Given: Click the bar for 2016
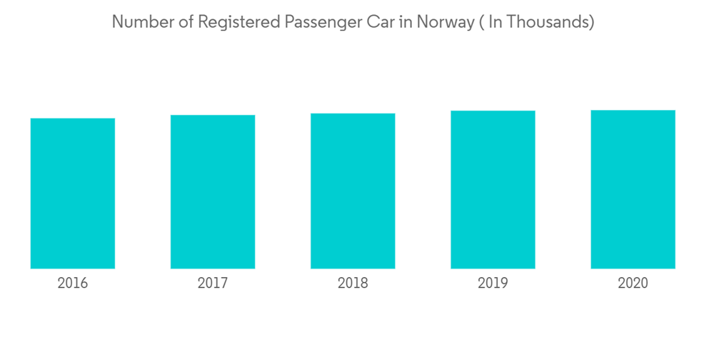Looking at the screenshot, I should (x=73, y=193).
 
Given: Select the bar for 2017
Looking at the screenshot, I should (x=213, y=191).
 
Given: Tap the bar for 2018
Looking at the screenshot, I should (x=353, y=191).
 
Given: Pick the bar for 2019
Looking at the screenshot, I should (x=493, y=189).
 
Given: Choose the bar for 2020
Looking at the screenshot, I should (x=633, y=189).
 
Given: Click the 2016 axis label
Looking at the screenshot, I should (x=73, y=284).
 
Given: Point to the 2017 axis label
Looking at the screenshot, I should (x=213, y=284).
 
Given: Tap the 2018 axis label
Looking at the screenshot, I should (x=353, y=284).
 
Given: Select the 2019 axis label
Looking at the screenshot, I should (x=493, y=284).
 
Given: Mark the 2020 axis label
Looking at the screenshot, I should (x=633, y=284).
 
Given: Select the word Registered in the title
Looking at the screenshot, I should (x=238, y=23).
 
